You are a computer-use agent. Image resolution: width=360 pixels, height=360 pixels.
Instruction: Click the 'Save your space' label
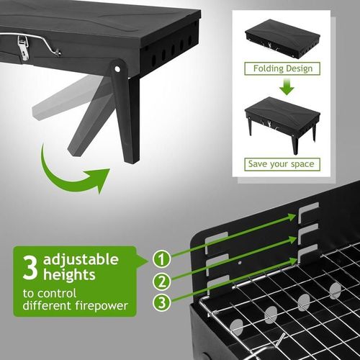pos(282,163)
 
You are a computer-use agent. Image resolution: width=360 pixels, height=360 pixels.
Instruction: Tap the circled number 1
pos(163,257)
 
